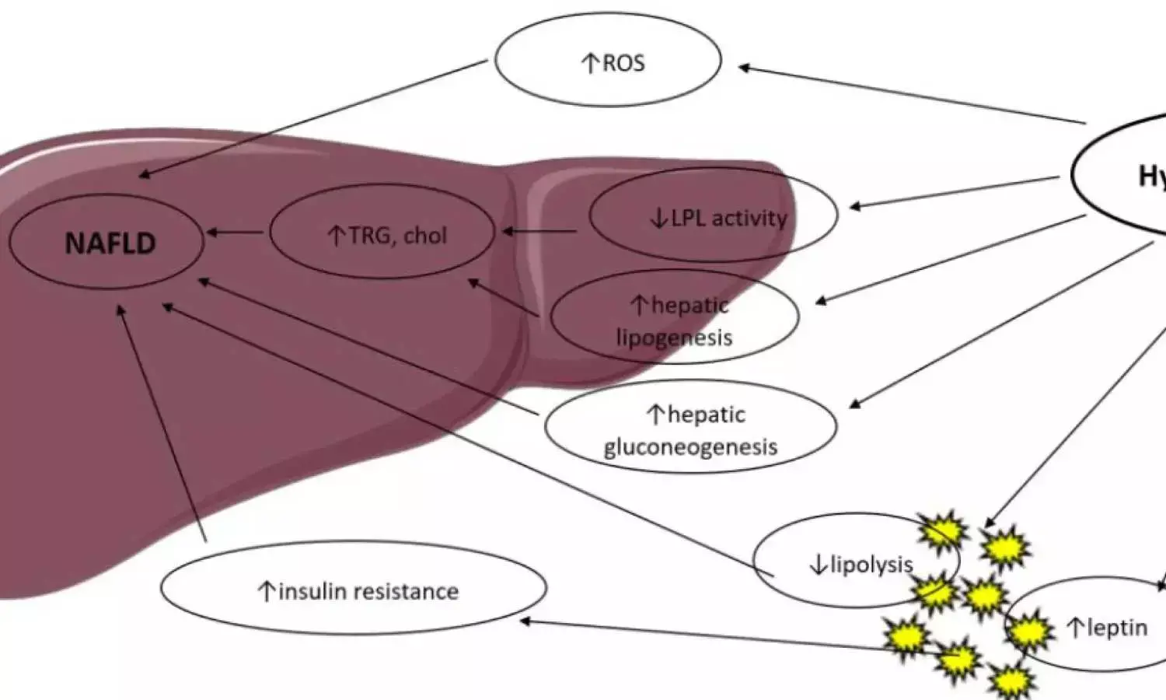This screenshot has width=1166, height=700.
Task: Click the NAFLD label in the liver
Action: (x=110, y=243)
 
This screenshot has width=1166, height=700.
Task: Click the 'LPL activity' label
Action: (x=728, y=219)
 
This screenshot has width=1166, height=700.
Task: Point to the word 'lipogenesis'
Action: (x=674, y=338)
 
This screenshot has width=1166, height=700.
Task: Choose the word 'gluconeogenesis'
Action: (x=690, y=447)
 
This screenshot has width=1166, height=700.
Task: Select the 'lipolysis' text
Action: (x=871, y=564)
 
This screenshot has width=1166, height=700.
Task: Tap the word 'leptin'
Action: (x=1117, y=627)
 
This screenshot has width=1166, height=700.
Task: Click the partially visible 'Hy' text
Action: (x=1151, y=177)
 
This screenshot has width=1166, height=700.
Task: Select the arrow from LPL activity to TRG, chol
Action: (x=540, y=231)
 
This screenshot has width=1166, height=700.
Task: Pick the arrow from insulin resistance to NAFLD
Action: (x=162, y=423)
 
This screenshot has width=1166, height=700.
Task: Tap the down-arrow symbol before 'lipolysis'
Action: (x=818, y=565)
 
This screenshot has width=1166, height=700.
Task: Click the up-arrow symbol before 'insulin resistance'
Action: (x=267, y=592)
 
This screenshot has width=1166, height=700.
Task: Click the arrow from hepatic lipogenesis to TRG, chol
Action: (x=503, y=297)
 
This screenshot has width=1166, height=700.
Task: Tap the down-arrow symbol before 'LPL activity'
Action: (x=659, y=219)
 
